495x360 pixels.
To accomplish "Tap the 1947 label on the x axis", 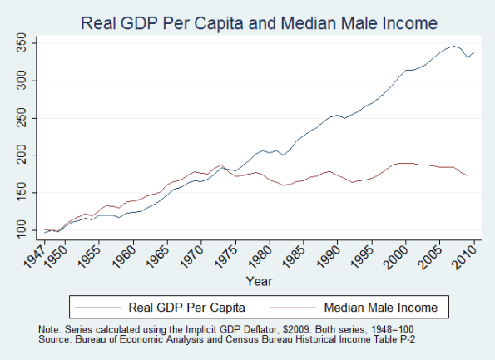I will click(32, 256).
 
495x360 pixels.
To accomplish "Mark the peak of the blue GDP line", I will click(454, 47).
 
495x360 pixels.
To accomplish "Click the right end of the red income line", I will click(468, 175).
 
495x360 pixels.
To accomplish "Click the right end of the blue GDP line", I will click(474, 53).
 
